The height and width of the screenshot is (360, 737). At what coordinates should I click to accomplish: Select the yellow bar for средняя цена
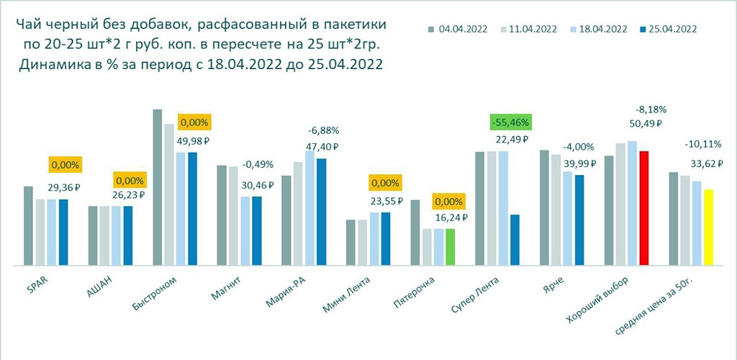click(x=708, y=228)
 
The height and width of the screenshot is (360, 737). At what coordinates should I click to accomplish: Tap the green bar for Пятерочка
click(x=451, y=248)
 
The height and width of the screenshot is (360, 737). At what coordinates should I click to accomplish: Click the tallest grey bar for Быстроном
click(x=158, y=188)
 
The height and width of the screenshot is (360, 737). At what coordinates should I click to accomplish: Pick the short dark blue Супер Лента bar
click(x=514, y=240)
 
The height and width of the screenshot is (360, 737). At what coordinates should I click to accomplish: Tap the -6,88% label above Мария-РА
click(x=322, y=131)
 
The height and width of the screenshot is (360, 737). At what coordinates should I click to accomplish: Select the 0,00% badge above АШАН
click(x=129, y=180)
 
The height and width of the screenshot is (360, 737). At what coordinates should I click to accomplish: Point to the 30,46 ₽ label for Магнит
click(x=257, y=184)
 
